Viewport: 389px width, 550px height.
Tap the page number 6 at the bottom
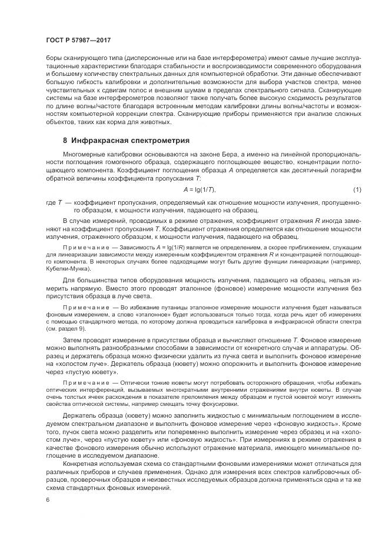[47, 500]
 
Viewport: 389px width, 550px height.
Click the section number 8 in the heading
[65, 141]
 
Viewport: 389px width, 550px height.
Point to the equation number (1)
[357, 189]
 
